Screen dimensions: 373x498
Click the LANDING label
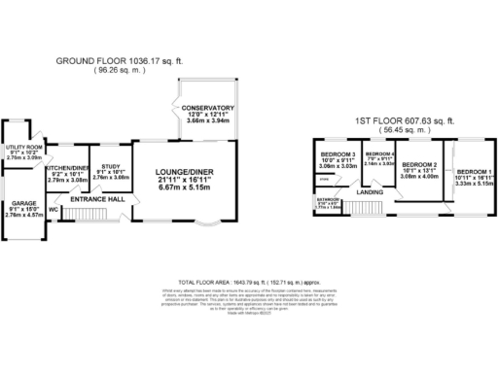click(x=370, y=192)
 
